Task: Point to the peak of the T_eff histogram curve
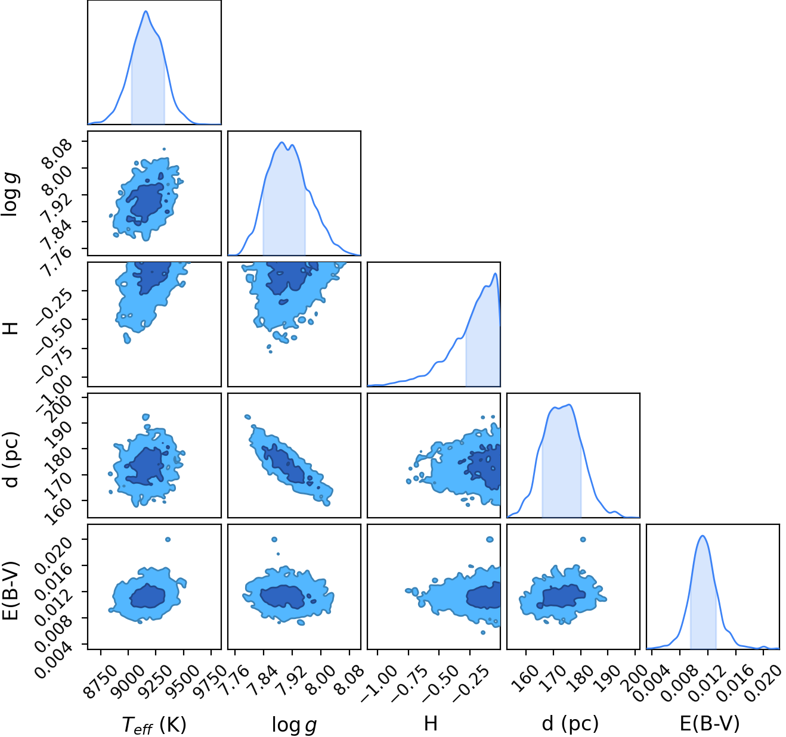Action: (146, 11)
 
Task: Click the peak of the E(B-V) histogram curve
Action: (703, 536)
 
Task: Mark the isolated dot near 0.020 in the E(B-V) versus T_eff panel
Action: (168, 540)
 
